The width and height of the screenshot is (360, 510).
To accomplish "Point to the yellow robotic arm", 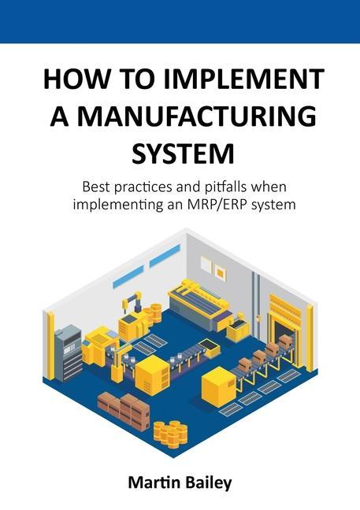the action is (132, 304).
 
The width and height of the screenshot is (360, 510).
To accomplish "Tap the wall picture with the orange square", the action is (220, 272).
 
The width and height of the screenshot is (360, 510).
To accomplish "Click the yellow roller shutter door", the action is (284, 309).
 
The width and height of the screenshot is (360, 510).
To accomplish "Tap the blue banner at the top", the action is (180, 21).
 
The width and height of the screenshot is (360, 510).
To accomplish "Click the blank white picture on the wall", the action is (206, 264).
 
